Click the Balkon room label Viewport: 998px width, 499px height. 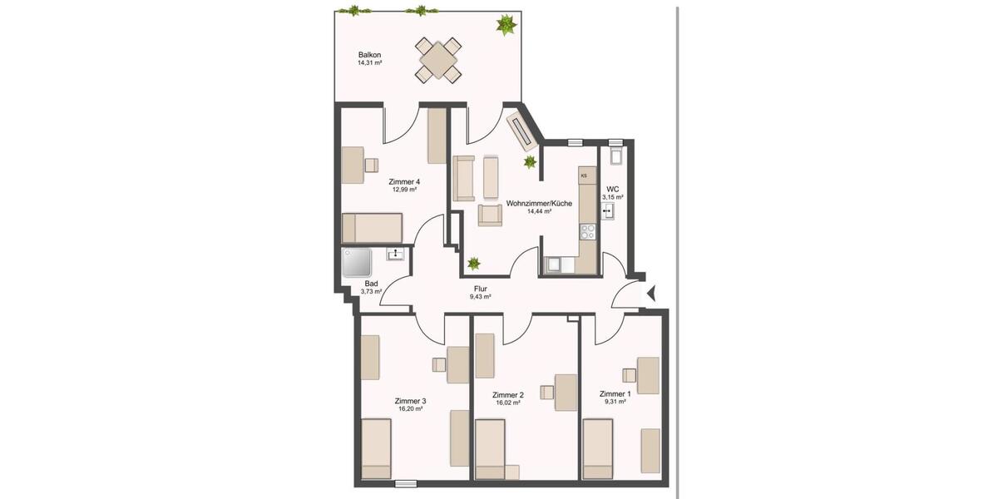358,54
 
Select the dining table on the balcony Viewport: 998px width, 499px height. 438,59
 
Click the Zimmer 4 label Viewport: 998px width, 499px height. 404,181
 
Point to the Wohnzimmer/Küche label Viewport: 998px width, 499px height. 539,203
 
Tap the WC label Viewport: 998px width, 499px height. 613,189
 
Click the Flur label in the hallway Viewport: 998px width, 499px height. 480,288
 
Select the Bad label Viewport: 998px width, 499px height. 371,284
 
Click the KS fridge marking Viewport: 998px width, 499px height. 584,175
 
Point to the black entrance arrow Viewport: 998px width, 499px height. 651,293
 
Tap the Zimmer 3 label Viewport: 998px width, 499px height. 410,401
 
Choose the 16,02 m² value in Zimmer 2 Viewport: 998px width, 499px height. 507,403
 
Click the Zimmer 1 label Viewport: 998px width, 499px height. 615,394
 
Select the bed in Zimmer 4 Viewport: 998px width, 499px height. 373,226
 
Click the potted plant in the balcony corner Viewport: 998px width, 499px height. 505,24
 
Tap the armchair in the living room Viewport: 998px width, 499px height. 491,215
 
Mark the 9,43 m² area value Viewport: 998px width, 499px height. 480,297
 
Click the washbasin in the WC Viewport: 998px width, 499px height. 608,211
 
